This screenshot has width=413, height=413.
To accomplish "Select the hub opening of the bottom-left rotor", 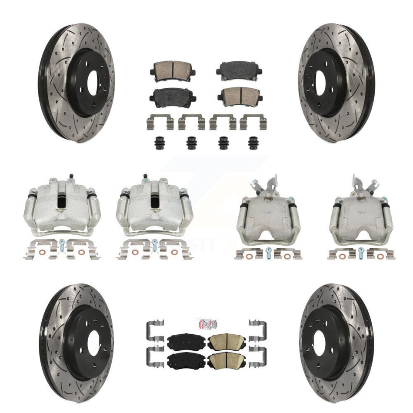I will coord(93,343).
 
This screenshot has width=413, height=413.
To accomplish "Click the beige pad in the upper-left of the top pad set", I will coord(172,69).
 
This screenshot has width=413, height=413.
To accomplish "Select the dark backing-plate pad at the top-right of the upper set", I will coord(240,69).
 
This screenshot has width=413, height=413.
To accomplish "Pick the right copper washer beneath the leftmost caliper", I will coord(82,252).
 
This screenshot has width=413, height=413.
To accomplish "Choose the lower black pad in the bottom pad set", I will coord(184,359).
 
